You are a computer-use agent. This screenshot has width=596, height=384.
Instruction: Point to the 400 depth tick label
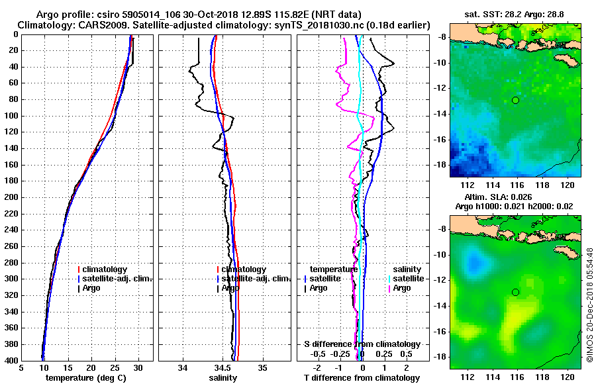pyautogui.click(x=11, y=361)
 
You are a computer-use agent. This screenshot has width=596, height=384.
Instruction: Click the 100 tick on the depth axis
pyautogui.click(x=11, y=116)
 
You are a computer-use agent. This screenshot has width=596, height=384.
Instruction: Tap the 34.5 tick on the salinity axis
pyautogui.click(x=223, y=368)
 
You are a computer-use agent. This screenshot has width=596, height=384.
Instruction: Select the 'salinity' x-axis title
pyautogui.click(x=223, y=378)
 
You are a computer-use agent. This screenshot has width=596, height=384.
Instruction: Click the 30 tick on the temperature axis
pyautogui.click(x=138, y=368)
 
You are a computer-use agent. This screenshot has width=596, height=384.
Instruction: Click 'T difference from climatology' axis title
pyautogui.click(x=362, y=378)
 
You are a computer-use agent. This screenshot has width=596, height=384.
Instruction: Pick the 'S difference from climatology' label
pyautogui.click(x=362, y=344)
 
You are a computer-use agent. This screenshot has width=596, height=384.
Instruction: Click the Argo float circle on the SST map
pyautogui.click(x=516, y=100)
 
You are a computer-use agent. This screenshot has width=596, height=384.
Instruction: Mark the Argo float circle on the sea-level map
pyautogui.click(x=516, y=292)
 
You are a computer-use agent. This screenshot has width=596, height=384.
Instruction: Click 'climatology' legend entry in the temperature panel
pyautogui.click(x=105, y=269)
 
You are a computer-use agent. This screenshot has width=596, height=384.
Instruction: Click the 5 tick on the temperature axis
pyautogui.click(x=22, y=368)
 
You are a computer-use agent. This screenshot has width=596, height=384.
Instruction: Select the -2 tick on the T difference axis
pyautogui.click(x=317, y=368)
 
